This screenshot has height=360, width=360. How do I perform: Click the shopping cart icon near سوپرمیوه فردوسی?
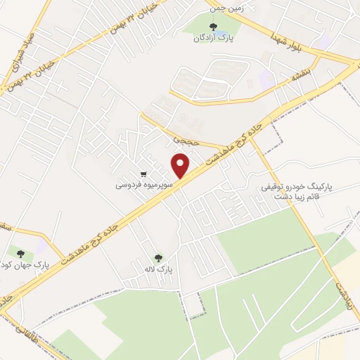pyautogui.click(x=144, y=174)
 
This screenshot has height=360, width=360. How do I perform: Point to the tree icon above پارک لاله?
pyautogui.click(x=159, y=258)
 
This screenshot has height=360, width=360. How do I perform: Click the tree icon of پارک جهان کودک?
pyautogui.click(x=18, y=252)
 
